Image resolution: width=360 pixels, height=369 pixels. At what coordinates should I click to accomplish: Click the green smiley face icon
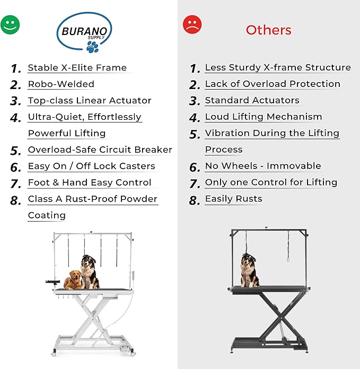point(10,24)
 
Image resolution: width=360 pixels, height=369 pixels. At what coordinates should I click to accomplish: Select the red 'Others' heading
point(268,30)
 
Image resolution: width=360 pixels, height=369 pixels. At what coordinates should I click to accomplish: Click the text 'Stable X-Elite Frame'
point(77,68)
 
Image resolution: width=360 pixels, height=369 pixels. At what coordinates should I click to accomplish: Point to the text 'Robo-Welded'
point(61,84)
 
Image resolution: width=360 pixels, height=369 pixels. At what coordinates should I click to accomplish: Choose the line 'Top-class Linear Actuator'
point(90,101)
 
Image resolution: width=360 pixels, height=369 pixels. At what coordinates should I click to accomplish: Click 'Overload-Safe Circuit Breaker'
point(100,150)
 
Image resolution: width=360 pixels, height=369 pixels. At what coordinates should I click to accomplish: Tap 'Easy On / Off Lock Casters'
point(91,166)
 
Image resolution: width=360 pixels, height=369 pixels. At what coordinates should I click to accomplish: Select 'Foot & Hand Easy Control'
point(90,183)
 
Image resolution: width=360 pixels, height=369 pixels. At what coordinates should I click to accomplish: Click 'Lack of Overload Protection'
point(273,84)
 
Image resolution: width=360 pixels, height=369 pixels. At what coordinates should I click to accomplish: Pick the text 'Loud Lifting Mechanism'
point(264,117)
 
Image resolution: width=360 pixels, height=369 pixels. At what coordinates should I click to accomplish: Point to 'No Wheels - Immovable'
point(263,166)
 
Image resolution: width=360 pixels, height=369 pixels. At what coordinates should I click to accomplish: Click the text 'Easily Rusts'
point(233,199)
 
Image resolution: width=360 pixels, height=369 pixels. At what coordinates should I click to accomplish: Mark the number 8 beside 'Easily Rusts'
point(195,200)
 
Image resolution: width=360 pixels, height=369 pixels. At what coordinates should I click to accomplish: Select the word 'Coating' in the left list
point(47,216)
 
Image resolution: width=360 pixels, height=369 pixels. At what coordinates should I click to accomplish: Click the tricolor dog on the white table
point(90,271)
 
